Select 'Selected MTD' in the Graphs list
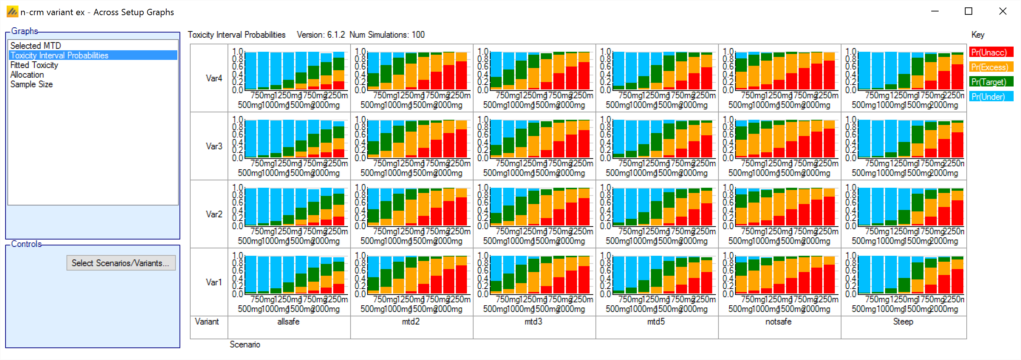[x=36, y=45]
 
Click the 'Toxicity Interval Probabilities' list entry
[x=59, y=55]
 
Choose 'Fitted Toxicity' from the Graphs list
[x=34, y=65]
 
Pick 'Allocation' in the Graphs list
[x=27, y=75]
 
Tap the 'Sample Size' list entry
[x=32, y=84]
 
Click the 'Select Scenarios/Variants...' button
[x=120, y=263]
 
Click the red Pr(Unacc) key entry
[x=990, y=52]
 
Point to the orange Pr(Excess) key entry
[x=990, y=67]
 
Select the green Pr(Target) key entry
[x=990, y=82]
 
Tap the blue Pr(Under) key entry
[x=990, y=97]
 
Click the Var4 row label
[x=214, y=78]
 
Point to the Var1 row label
[x=214, y=282]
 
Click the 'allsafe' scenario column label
[x=288, y=322]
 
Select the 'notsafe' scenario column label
[x=778, y=322]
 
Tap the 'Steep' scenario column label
[x=903, y=322]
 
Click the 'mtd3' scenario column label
[x=533, y=322]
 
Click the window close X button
[x=1003, y=11]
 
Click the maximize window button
[x=969, y=11]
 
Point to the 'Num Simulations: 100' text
[x=387, y=35]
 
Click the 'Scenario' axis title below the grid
[x=245, y=344]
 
